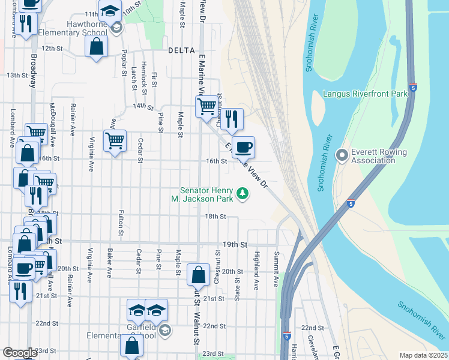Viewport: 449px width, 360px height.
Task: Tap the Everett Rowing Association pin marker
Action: point(342,155)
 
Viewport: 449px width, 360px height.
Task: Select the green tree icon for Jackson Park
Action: point(243,193)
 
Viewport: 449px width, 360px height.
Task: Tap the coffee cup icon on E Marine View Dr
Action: point(243,146)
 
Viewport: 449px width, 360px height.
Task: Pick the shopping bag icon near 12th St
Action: point(96,46)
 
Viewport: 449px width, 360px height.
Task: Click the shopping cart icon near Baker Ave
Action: point(115,141)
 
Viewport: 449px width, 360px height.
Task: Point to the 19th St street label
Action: point(235,245)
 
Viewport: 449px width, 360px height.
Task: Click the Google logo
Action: point(20,353)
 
